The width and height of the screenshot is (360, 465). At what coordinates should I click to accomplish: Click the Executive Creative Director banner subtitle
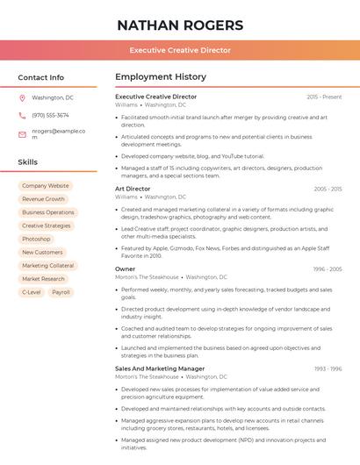(x=180, y=51)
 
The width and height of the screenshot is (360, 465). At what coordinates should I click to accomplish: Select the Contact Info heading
(x=40, y=77)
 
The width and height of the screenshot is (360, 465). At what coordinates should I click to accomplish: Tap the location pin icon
(x=22, y=97)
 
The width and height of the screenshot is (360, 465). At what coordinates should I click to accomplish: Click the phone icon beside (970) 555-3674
(x=22, y=115)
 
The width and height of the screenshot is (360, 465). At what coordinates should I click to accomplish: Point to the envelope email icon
(x=22, y=134)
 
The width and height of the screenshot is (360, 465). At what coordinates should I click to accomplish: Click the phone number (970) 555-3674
(x=50, y=115)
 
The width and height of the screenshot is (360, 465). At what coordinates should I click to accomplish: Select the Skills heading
(x=27, y=162)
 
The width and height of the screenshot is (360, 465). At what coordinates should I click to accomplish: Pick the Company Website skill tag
(x=45, y=186)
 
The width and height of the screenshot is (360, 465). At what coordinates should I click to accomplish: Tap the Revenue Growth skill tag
(x=43, y=199)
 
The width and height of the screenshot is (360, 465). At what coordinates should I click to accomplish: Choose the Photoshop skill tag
(x=36, y=239)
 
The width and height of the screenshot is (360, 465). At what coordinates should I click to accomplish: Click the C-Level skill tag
(x=31, y=292)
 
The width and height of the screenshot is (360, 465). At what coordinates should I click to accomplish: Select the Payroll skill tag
(x=61, y=292)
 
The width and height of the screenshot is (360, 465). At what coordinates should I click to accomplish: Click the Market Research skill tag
(x=43, y=279)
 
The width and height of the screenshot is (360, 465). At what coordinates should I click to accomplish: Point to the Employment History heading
(x=161, y=77)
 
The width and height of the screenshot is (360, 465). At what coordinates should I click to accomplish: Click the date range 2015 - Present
(x=324, y=97)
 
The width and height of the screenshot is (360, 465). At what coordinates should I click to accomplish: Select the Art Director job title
(x=133, y=189)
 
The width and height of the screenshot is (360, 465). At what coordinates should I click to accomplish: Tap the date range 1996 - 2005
(x=327, y=269)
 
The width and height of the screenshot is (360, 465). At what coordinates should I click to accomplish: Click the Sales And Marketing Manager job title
(x=160, y=368)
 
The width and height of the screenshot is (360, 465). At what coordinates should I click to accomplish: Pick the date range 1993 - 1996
(x=327, y=368)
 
